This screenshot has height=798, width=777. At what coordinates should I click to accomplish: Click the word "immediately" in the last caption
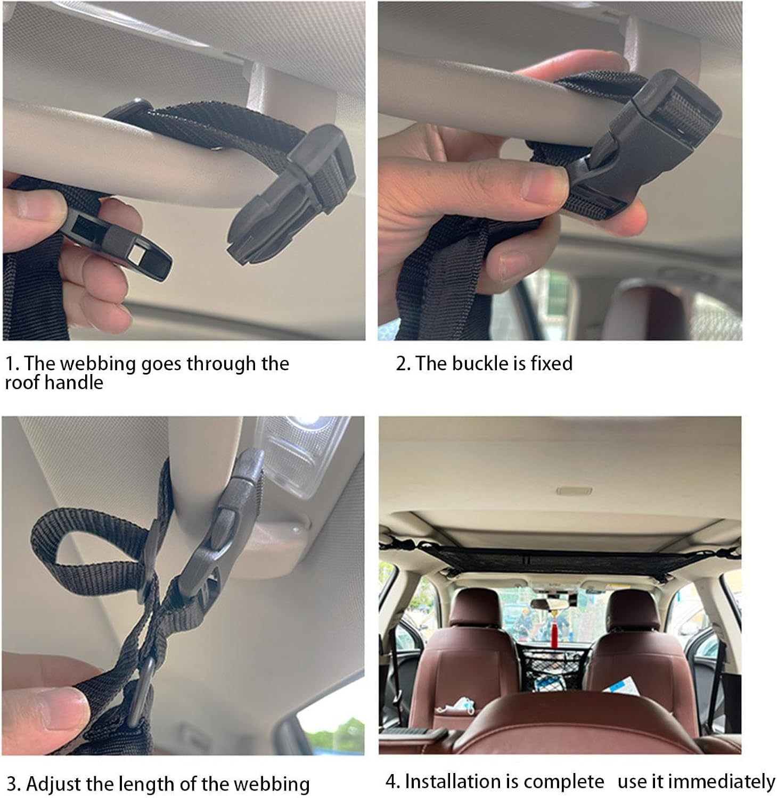pos(721,782)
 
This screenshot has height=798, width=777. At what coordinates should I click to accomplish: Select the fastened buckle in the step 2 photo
pos(644,144)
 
